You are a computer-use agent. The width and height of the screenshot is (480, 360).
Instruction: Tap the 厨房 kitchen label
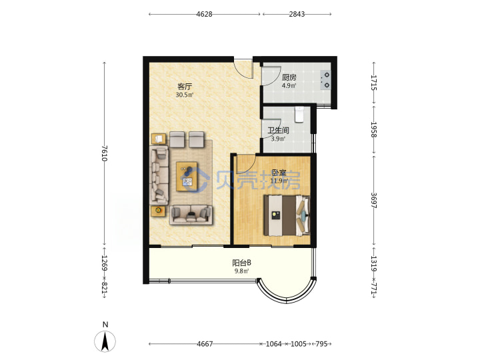click(289, 77)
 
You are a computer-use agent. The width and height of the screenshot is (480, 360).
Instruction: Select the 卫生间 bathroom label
click(278, 131)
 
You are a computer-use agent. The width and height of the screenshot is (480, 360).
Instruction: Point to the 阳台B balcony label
click(241, 263)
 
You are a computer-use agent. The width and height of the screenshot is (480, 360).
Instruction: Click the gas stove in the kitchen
click(325, 80)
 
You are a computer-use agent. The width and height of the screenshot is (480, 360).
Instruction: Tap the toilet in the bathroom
click(299, 114)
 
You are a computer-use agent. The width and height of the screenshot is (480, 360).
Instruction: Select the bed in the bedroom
click(287, 215)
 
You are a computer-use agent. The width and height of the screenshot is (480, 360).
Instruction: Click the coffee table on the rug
click(187, 177)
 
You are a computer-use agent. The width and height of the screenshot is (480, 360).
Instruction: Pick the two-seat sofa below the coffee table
click(191, 215)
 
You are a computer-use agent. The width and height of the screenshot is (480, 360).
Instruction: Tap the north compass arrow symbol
click(105, 342)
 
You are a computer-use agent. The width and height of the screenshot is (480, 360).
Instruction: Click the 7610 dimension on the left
click(105, 153)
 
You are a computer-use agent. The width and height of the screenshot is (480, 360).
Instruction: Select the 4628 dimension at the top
click(204, 14)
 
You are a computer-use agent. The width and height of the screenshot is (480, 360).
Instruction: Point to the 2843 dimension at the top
click(297, 14)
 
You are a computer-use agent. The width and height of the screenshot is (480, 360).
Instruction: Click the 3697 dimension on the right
click(374, 200)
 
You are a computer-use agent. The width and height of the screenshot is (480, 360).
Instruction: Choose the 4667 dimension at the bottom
click(205, 344)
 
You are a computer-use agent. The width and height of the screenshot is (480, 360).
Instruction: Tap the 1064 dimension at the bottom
click(273, 344)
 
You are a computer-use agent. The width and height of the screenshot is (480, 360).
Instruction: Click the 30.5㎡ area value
click(185, 95)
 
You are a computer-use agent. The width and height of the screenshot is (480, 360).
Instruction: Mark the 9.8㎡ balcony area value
click(241, 271)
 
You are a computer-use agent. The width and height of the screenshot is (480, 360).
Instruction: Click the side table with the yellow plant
click(158, 211)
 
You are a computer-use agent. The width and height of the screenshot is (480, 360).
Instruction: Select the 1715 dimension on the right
click(374, 83)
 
